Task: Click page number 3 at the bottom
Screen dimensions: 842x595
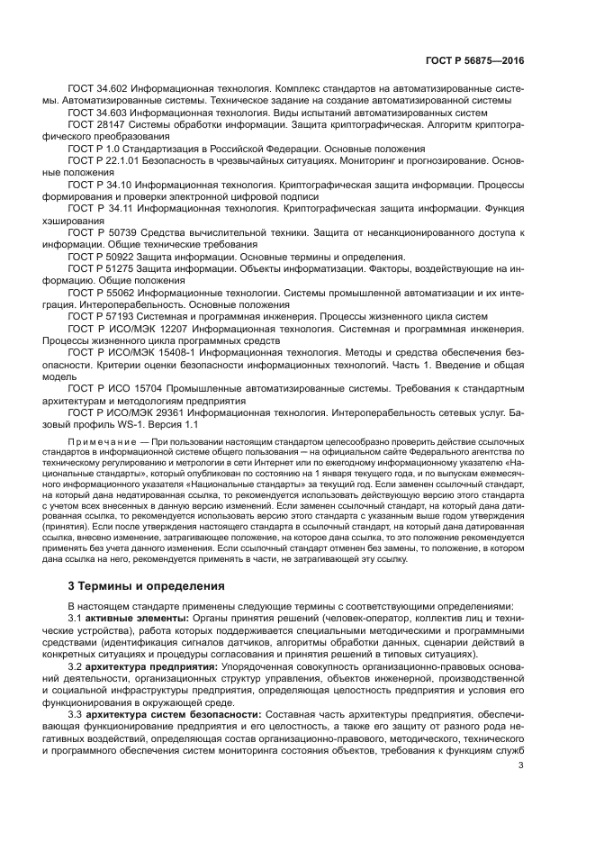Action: tap(521, 767)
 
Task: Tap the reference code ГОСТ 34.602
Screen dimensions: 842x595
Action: tap(98, 91)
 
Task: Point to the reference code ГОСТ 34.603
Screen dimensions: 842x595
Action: tap(98, 114)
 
